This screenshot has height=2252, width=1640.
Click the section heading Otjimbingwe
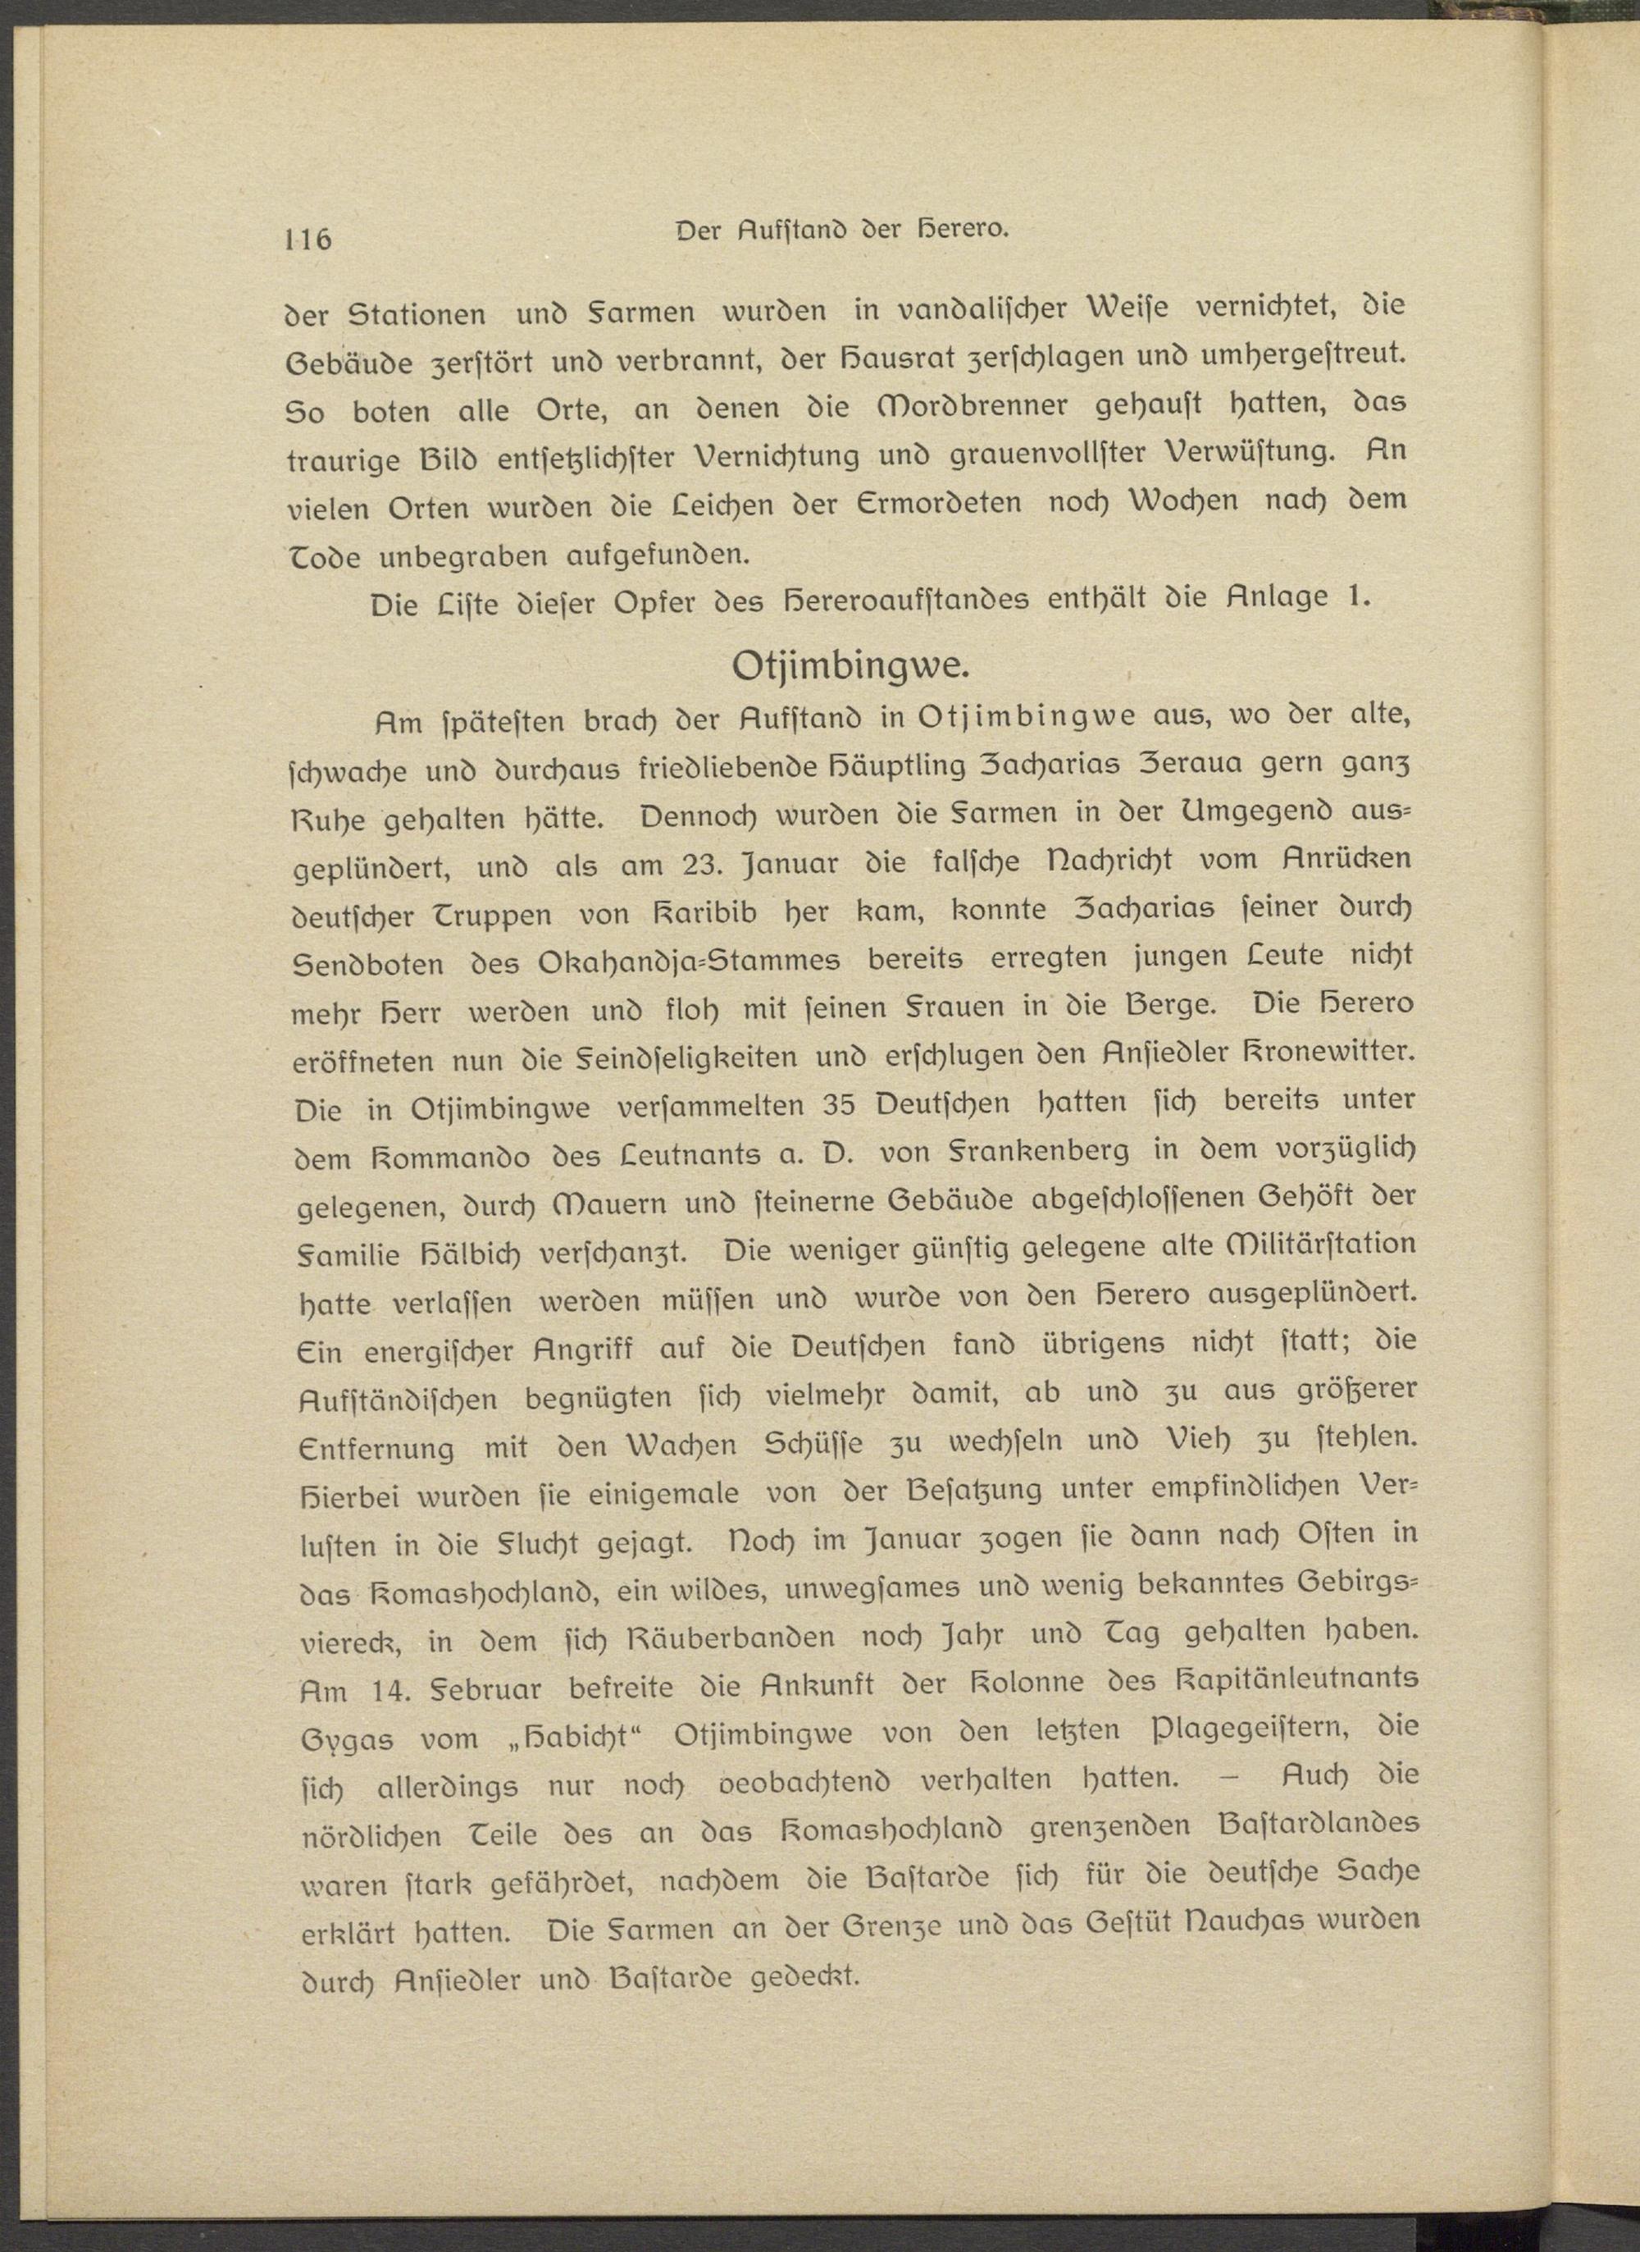click(848, 665)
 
